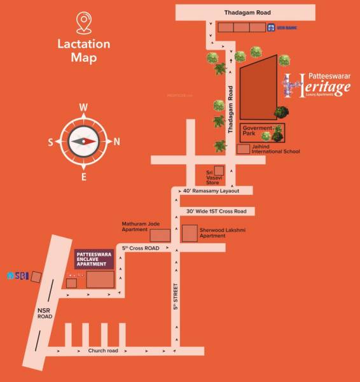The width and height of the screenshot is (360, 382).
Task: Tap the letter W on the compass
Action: click(x=83, y=107)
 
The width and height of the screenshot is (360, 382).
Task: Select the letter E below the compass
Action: click(x=83, y=177)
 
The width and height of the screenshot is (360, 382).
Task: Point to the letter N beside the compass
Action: click(x=116, y=141)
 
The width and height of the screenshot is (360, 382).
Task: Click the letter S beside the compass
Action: click(x=50, y=142)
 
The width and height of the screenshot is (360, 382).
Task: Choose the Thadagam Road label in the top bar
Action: click(x=244, y=12)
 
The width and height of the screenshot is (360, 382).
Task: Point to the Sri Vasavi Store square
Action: click(x=219, y=170)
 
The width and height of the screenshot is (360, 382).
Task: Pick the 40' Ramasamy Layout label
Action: click(x=211, y=191)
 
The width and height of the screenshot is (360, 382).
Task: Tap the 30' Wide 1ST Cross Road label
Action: click(x=216, y=211)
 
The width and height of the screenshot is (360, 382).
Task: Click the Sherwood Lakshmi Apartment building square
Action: click(x=190, y=233)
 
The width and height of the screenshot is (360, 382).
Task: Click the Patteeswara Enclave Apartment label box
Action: click(x=94, y=258)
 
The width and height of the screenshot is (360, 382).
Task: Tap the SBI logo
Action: click(x=18, y=276)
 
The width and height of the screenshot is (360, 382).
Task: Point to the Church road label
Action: click(x=103, y=351)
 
